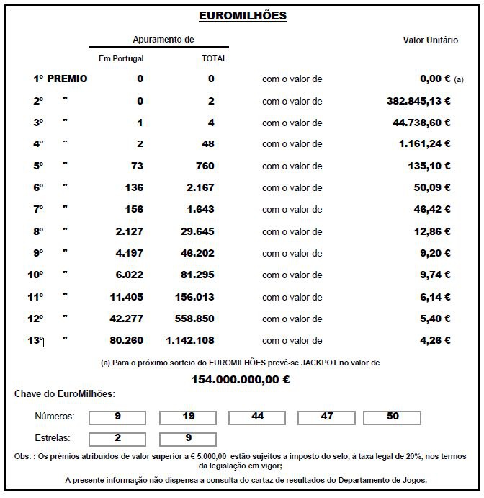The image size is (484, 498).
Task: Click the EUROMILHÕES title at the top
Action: tap(242, 15)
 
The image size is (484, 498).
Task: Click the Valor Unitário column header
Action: tap(430, 41)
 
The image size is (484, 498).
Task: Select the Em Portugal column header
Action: tap(121, 58)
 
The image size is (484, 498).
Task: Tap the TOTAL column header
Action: tap(215, 58)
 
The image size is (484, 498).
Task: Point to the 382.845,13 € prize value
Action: tap(418, 102)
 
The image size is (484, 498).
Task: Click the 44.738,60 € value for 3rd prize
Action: tap(422, 123)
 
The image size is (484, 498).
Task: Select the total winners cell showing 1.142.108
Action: tap(190, 340)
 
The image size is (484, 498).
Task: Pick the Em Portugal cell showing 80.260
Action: tap(126, 340)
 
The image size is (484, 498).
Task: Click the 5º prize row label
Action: tap(38, 166)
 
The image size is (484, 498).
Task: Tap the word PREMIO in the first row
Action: tap(67, 79)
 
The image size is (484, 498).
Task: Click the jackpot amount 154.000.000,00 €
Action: tap(241, 378)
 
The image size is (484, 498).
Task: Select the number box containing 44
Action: tap(258, 417)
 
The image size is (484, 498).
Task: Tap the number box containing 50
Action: tap(393, 417)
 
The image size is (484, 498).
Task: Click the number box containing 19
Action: tap(188, 417)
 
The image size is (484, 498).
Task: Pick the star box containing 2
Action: tap(117, 438)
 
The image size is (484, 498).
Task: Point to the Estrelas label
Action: tap(53, 438)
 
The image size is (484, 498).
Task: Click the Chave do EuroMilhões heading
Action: tap(65, 393)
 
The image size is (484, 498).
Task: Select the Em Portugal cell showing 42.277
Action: tap(126, 319)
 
